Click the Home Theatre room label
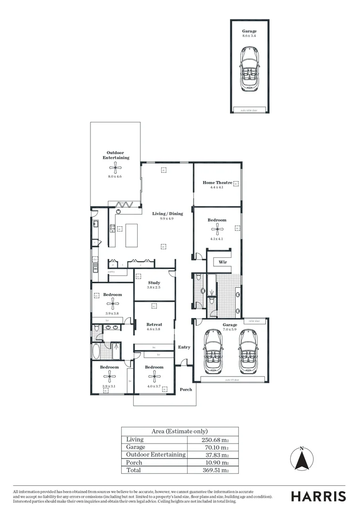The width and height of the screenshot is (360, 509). [x=217, y=182]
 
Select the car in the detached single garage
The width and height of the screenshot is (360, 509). [x=249, y=68]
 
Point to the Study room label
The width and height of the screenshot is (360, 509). [x=154, y=283]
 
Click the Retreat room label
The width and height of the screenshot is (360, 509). [x=154, y=324]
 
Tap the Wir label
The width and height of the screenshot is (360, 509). [x=223, y=262]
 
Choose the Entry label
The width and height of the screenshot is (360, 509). [x=184, y=347]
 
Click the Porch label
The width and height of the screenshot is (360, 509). [x=186, y=390]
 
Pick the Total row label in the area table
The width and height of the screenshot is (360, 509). [x=134, y=470]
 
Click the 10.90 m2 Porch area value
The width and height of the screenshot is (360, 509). [x=215, y=462]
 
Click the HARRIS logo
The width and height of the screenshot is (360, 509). [x=318, y=496]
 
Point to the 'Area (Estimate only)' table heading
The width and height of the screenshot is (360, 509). [x=180, y=431]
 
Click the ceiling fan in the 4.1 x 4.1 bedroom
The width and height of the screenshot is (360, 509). [x=217, y=230]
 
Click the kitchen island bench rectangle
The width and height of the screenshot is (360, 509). [x=131, y=235]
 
